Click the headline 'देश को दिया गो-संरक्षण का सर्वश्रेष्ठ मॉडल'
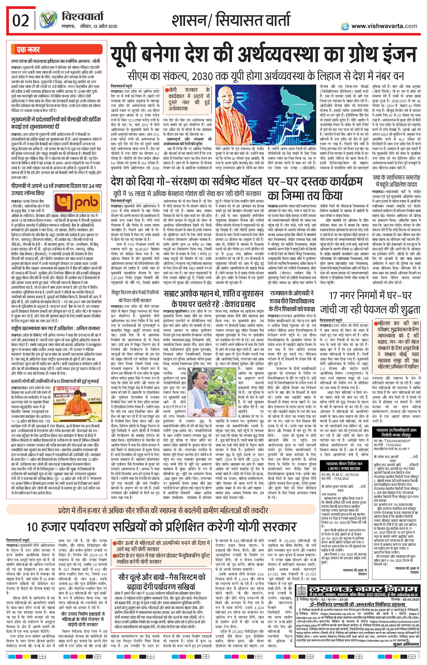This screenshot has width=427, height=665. tap(186, 182)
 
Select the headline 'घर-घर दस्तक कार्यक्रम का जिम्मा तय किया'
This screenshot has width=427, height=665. tap(315, 188)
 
